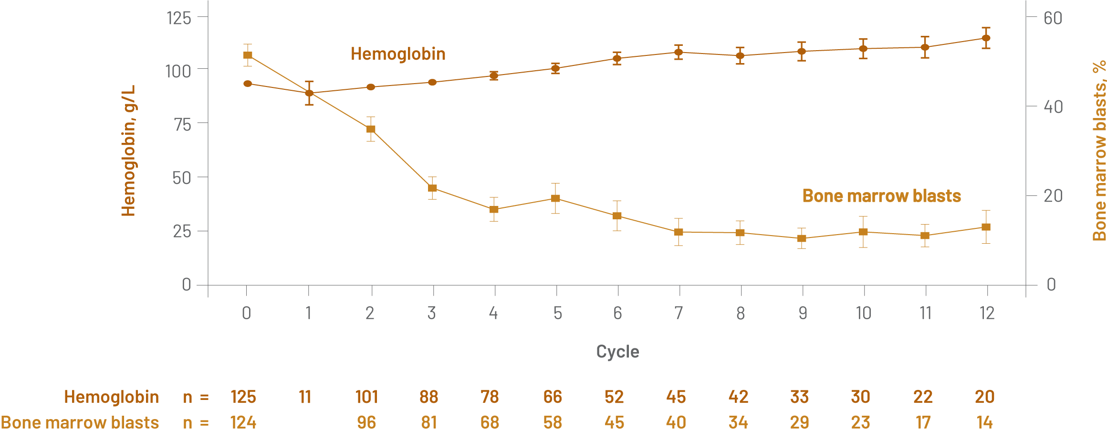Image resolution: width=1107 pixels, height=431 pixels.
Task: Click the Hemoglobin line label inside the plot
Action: point(398,54)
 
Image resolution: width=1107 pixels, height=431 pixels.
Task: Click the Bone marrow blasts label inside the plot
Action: point(881,196)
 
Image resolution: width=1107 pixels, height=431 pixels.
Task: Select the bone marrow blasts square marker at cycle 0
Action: point(248,55)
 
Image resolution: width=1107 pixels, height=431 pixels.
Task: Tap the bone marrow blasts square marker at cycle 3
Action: point(432,188)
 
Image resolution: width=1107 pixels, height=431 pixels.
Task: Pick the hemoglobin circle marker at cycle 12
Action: point(986,38)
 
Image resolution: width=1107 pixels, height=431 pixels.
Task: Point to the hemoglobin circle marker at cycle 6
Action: point(617,59)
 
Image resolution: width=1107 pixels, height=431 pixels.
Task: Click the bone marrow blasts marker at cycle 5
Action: point(555,198)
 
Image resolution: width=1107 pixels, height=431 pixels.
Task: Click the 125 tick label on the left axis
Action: point(179,18)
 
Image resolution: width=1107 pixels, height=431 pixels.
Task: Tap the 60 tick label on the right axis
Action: point(1053,18)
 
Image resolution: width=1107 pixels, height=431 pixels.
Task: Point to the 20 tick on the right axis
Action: point(1053,196)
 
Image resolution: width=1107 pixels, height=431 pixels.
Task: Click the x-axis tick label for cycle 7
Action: point(679,313)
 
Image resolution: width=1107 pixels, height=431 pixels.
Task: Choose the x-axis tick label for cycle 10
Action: point(863,313)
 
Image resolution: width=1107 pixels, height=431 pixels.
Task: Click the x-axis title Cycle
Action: point(617,352)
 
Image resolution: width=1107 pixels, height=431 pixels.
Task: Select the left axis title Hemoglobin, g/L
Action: point(128,151)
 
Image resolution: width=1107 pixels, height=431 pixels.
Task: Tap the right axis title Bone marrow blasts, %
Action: point(1099,151)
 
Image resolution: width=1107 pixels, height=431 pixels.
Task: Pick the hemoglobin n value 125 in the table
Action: point(243,397)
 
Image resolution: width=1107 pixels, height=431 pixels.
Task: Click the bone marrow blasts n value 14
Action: point(984,422)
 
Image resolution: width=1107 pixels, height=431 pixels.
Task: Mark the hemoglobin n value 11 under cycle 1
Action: point(305,397)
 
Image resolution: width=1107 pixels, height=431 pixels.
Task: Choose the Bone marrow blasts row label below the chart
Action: point(80,422)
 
